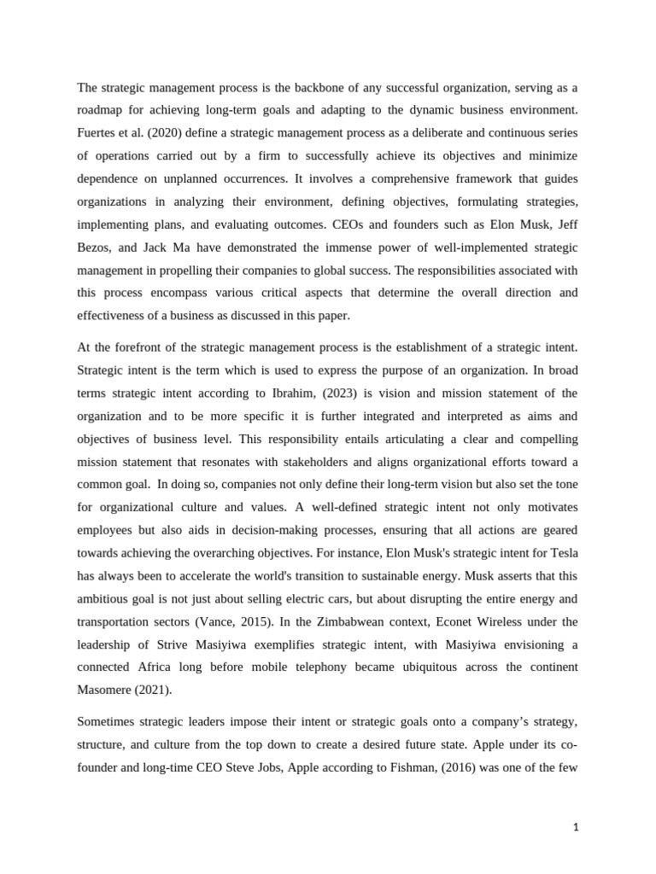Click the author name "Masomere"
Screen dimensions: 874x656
coord(108,689)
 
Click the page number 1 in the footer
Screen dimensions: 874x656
coord(577,826)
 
